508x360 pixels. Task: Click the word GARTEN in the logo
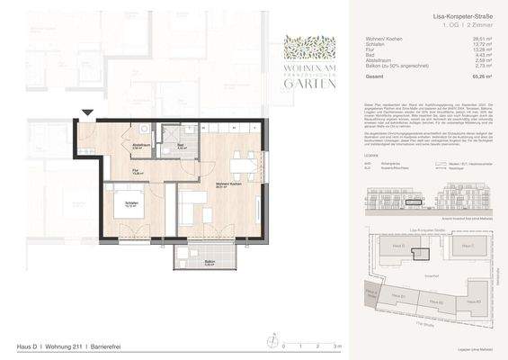pyautogui.click(x=310, y=84)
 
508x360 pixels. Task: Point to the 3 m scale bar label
pyautogui.click(x=336, y=346)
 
